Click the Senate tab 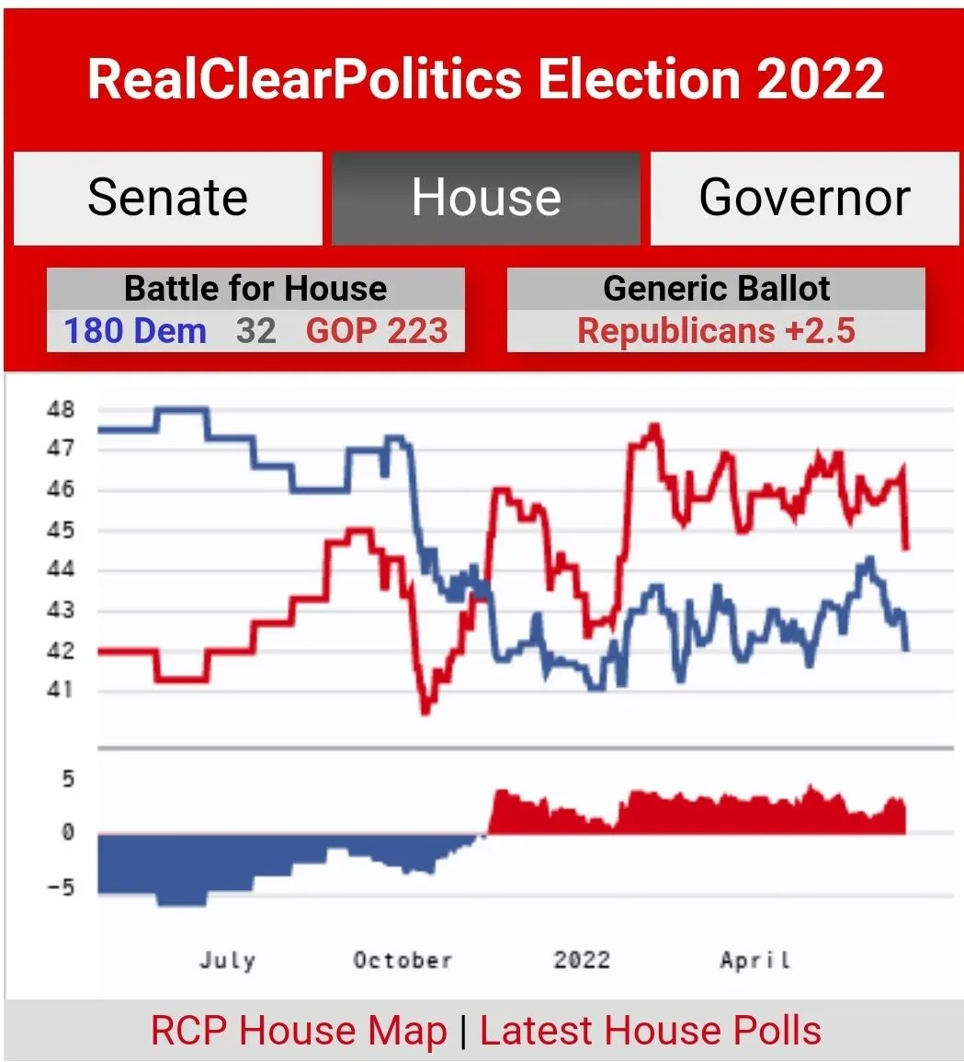167,198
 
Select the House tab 485,198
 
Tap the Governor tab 804,198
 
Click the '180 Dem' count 135,331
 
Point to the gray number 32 255,331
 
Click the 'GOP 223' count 377,331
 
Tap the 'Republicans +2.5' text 716,331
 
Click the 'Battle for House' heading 255,289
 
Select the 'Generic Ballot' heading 716,289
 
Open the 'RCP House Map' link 299,1031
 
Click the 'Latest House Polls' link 650,1031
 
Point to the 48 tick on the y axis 61,409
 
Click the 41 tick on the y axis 61,691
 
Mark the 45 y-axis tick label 61,531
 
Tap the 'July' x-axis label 227,961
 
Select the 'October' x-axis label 403,961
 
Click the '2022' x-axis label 581,961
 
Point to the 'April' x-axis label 754,961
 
